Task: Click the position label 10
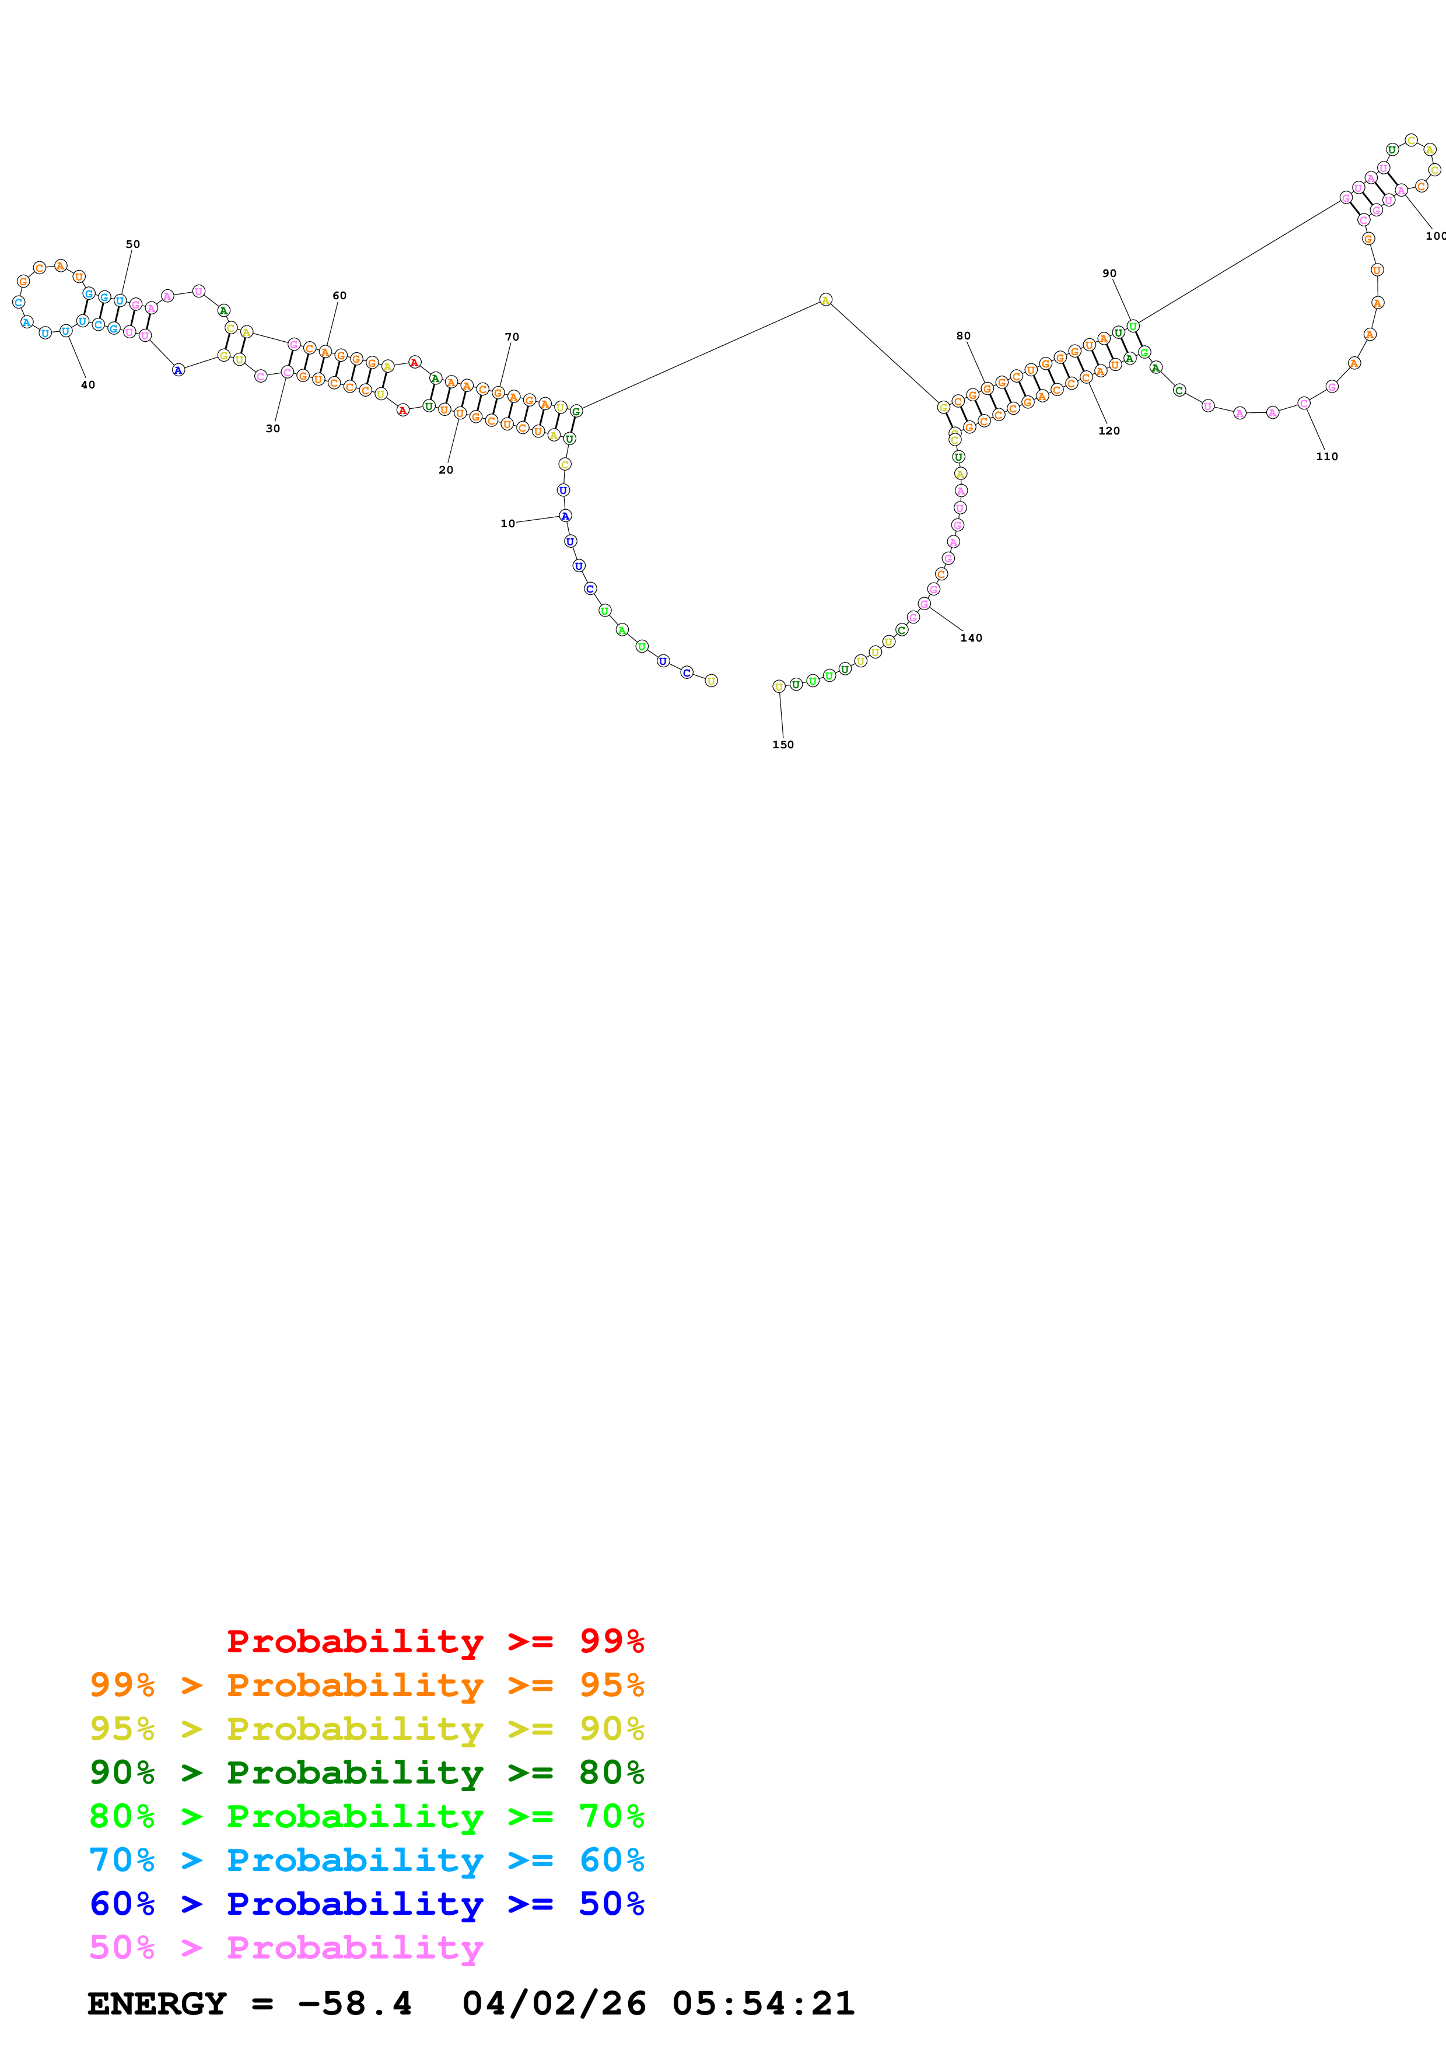click(x=507, y=523)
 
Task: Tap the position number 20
click(x=446, y=470)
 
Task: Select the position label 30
click(x=272, y=429)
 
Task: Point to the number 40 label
click(x=87, y=385)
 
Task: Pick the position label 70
click(x=512, y=337)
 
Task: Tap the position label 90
click(x=1108, y=274)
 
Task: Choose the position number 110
click(x=1326, y=456)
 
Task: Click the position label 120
click(x=1108, y=430)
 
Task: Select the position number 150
click(x=782, y=744)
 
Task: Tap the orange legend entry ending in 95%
click(x=366, y=1684)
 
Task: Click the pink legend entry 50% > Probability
click(x=285, y=1946)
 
